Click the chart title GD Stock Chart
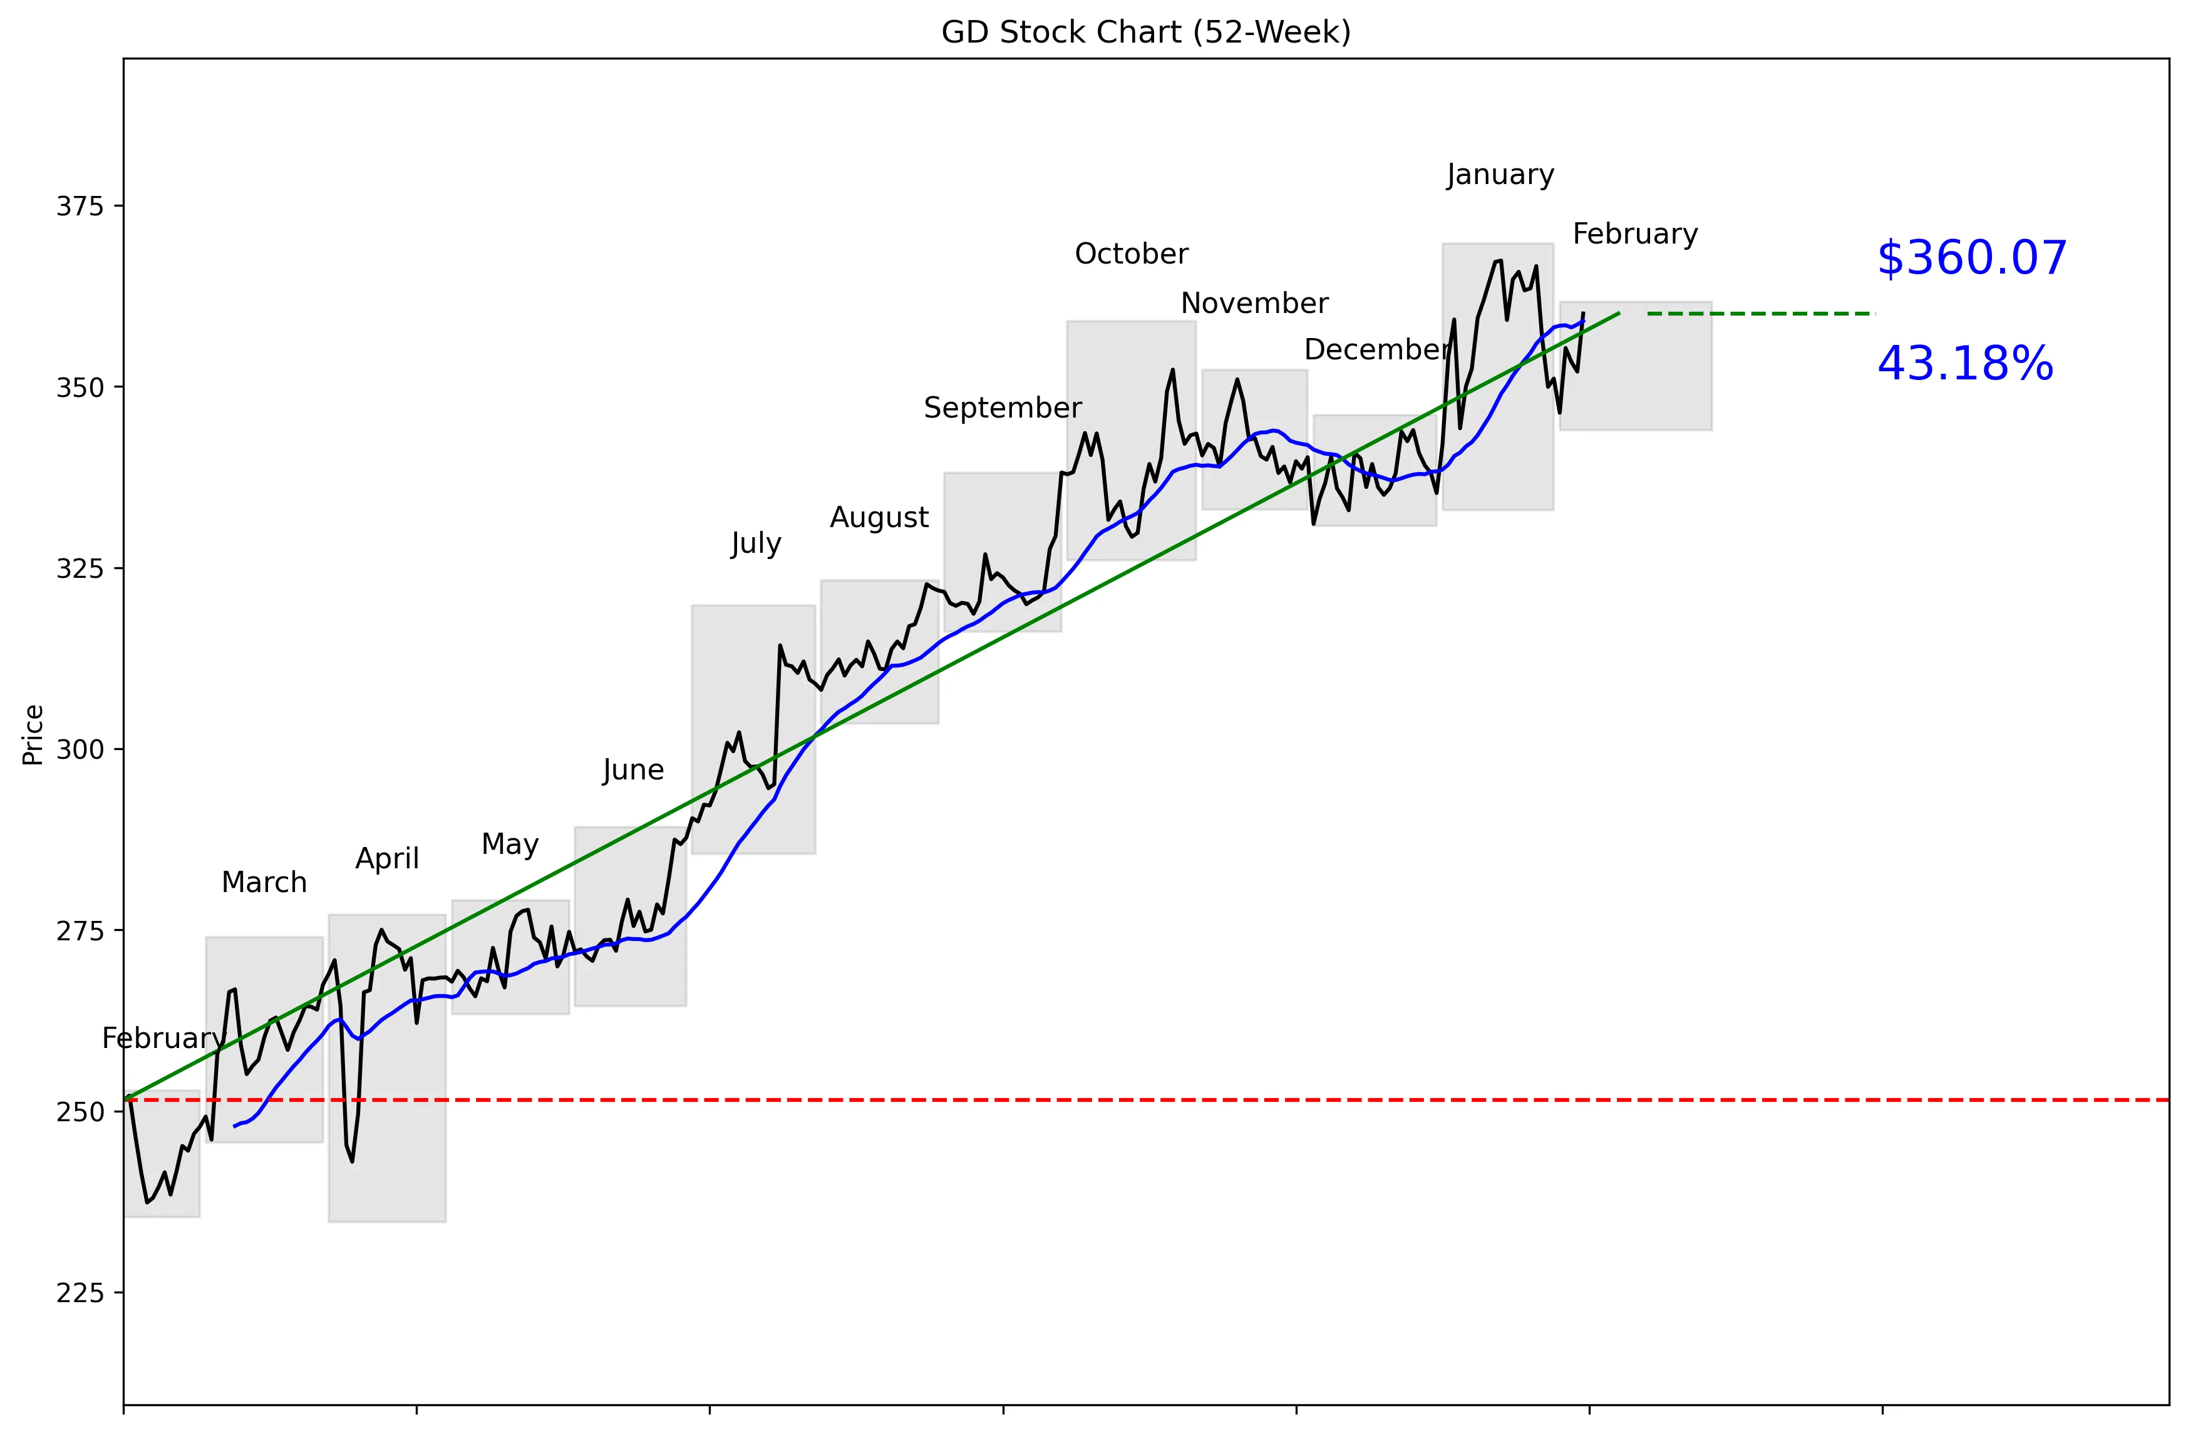1145,32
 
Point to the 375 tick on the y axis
80,206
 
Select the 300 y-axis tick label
80,749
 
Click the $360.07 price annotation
1971,259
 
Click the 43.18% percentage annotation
1964,364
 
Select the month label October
1131,254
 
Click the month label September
1002,407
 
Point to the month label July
756,543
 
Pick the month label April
387,858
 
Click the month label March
264,883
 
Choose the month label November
1254,304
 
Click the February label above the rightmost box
1634,234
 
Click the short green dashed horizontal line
1760,314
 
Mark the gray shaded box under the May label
510,957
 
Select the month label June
632,769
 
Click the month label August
879,518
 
